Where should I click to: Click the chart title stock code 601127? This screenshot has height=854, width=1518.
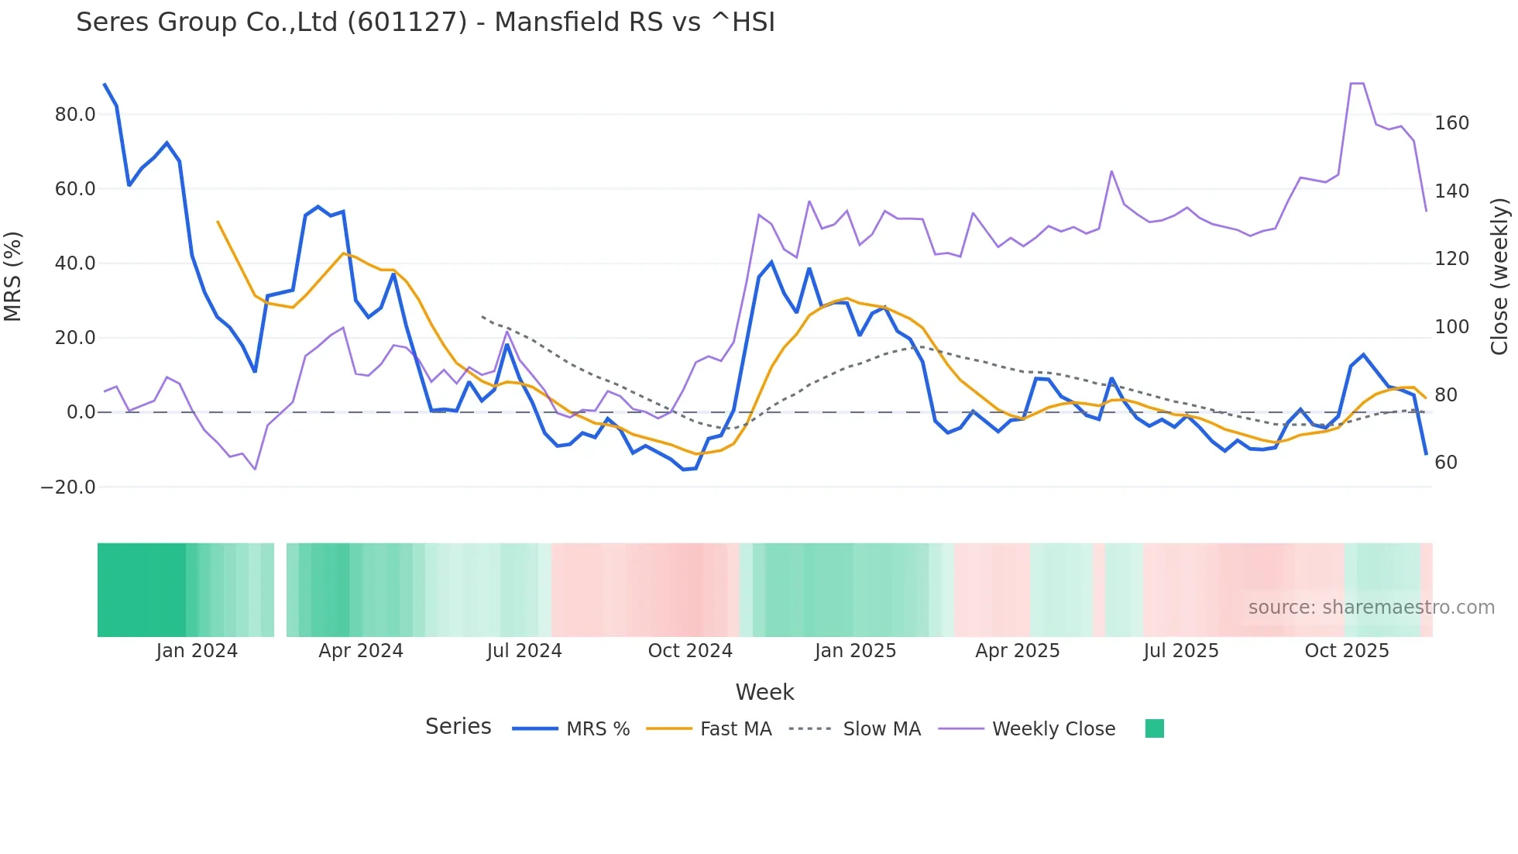pyautogui.click(x=407, y=22)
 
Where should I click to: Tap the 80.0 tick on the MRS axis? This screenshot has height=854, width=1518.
pyautogui.click(x=75, y=115)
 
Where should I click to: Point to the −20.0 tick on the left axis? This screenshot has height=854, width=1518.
pyautogui.click(x=68, y=487)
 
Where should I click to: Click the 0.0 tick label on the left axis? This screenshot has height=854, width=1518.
pyautogui.click(x=81, y=412)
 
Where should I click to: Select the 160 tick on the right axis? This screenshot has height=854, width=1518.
pyautogui.click(x=1451, y=123)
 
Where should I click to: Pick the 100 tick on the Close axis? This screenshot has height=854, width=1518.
pyautogui.click(x=1451, y=327)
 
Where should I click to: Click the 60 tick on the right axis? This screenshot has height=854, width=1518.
pyautogui.click(x=1446, y=463)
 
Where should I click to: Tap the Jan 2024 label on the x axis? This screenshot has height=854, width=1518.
pyautogui.click(x=197, y=651)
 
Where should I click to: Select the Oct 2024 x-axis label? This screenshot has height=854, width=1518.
pyautogui.click(x=690, y=651)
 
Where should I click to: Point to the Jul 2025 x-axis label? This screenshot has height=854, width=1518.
pyautogui.click(x=1180, y=651)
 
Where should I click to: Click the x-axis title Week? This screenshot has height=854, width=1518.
pyautogui.click(x=764, y=692)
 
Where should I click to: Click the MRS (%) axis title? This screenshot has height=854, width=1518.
pyautogui.click(x=13, y=276)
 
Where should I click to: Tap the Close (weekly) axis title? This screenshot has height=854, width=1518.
pyautogui.click(x=1499, y=276)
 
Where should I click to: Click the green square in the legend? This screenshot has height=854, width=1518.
pyautogui.click(x=1154, y=728)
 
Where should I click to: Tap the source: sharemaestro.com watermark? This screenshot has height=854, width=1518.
pyautogui.click(x=1371, y=608)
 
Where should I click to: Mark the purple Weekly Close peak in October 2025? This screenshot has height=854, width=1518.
pyautogui.click(x=1357, y=83)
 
